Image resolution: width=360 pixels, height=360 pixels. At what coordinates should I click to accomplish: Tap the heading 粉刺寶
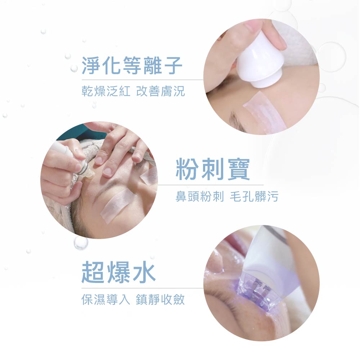(x=213, y=170)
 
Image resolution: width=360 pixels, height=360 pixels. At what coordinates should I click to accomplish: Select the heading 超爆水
(x=118, y=272)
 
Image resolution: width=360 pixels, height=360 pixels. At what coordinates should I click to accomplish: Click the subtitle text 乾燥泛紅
(x=106, y=91)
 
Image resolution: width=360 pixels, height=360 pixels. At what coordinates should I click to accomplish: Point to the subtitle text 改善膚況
(x=161, y=91)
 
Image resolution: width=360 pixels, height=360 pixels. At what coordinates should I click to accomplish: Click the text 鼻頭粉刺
(x=199, y=197)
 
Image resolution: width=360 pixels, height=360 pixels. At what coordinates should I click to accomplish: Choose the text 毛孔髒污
(x=254, y=197)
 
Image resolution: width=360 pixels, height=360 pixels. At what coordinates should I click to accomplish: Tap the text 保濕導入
(x=105, y=300)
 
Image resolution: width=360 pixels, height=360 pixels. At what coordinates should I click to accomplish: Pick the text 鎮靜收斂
(x=160, y=300)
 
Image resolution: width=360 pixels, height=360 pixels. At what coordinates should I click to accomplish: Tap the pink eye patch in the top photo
(x=264, y=112)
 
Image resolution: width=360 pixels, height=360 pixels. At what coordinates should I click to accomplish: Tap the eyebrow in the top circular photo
(x=237, y=121)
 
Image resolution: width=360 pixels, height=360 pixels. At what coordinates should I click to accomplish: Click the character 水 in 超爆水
(x=144, y=272)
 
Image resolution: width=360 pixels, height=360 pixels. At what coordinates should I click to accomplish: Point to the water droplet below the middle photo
(x=81, y=243)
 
